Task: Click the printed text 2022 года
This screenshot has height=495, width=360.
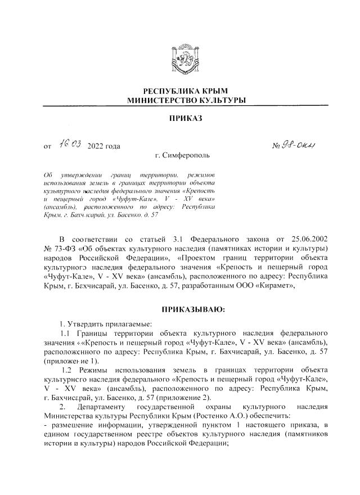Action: point(104,147)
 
